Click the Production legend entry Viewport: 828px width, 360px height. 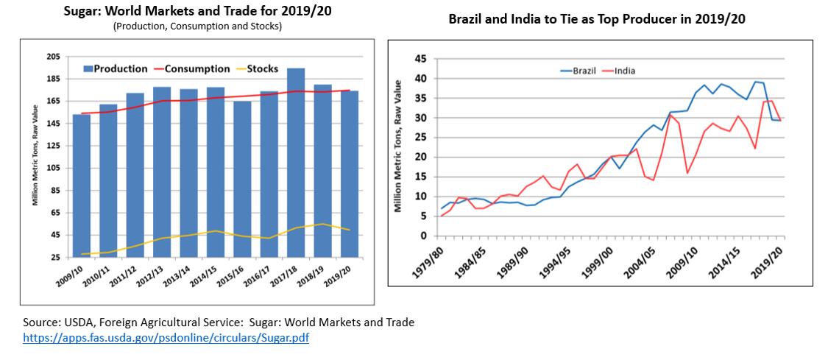[115, 69]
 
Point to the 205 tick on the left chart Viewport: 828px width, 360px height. [52, 57]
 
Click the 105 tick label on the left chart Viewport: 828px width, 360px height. [52, 168]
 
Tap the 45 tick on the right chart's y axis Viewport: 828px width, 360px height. [420, 59]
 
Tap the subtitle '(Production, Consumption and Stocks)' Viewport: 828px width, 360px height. [197, 27]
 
